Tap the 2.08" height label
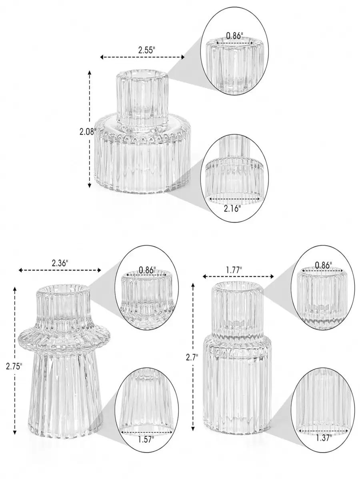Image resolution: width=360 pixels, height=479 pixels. [x=88, y=132]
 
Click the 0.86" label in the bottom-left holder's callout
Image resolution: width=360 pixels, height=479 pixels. [x=147, y=270]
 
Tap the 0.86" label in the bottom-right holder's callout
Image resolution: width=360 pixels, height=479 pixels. [x=323, y=265]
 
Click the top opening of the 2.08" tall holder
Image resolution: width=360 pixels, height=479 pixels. [x=142, y=75]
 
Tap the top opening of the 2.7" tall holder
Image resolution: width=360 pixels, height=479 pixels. [x=238, y=287]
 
